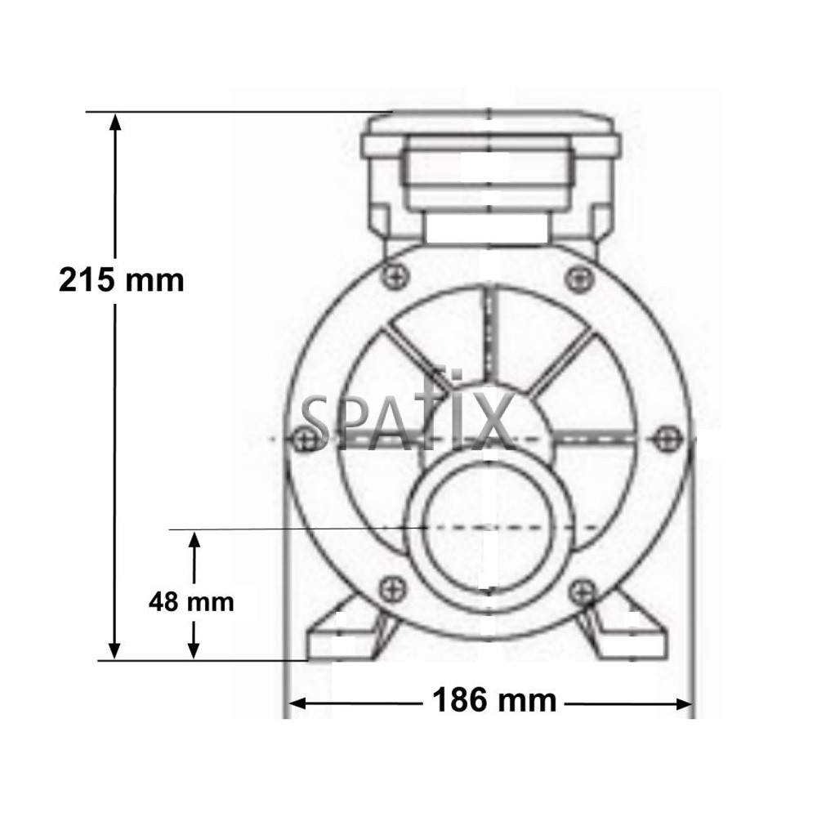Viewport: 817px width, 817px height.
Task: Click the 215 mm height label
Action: pyautogui.click(x=122, y=280)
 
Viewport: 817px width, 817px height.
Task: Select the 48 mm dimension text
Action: pyautogui.click(x=191, y=602)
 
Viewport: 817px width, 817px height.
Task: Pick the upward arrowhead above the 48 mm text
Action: pyautogui.click(x=194, y=540)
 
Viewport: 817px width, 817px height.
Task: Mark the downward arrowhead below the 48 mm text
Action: pyautogui.click(x=194, y=649)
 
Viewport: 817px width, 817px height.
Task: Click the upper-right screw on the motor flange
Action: pyautogui.click(x=578, y=278)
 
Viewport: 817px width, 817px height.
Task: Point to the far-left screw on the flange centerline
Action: pyautogui.click(x=308, y=439)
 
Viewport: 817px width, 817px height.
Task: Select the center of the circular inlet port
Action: pyautogui.click(x=488, y=527)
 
